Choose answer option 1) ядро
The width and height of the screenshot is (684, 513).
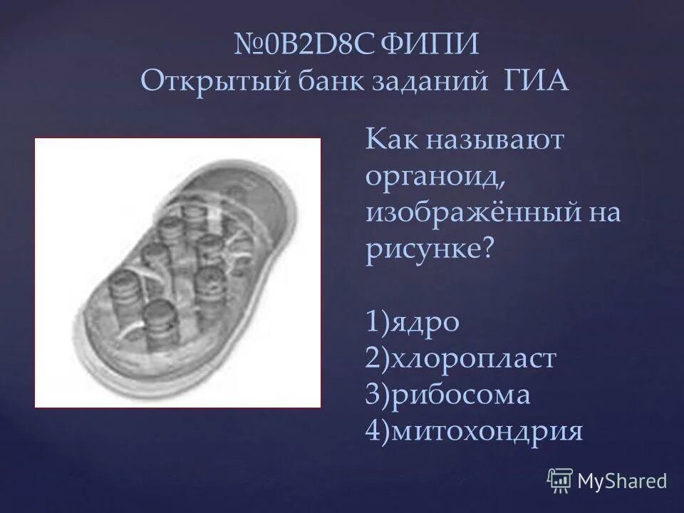click(413, 322)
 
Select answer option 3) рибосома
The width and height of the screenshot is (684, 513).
click(448, 395)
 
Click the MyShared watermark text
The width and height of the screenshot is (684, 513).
click(622, 480)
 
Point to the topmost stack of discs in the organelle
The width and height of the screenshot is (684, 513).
click(194, 217)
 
